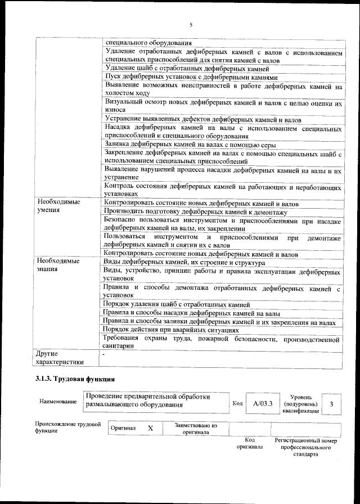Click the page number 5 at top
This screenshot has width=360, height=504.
click(x=191, y=25)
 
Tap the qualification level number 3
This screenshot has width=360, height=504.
click(x=332, y=403)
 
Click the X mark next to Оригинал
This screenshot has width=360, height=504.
click(x=150, y=428)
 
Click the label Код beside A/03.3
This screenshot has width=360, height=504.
click(x=237, y=403)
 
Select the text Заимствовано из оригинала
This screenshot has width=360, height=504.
click(x=196, y=429)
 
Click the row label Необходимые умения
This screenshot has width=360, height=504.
click(x=58, y=205)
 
